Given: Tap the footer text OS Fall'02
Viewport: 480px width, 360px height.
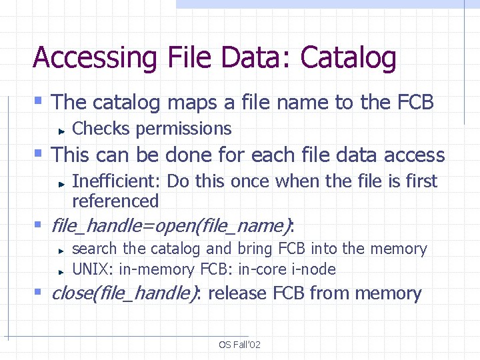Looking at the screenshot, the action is (239, 344).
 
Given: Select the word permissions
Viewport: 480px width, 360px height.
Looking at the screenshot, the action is (183, 128).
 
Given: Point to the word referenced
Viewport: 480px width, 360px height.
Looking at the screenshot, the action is (115, 201).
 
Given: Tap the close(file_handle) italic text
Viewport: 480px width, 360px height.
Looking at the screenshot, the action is (124, 293).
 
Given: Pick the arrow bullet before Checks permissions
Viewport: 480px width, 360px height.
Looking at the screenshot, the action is (60, 129).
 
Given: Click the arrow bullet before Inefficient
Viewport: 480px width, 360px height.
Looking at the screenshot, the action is (60, 182).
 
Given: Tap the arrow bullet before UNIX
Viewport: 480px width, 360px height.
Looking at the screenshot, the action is (60, 271).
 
